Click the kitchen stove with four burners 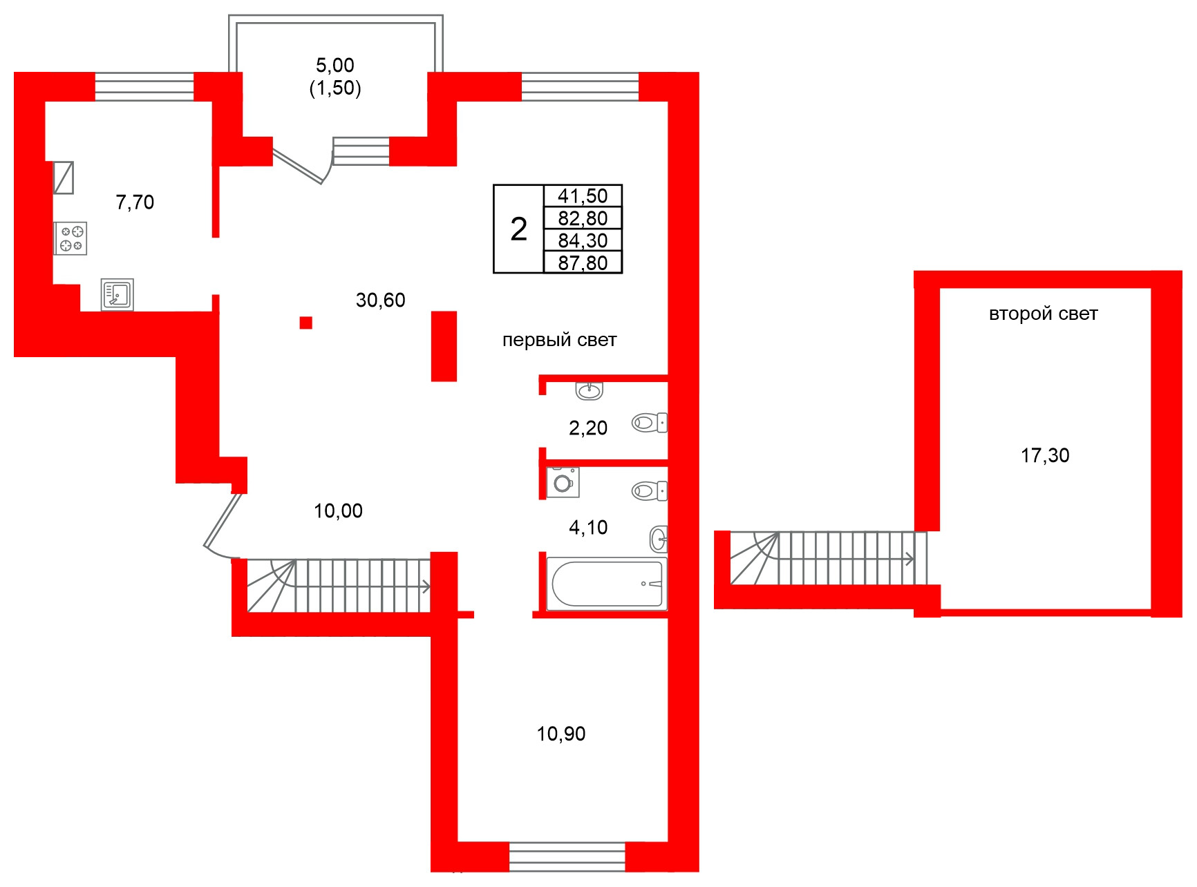(x=70, y=238)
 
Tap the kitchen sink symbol (x=117, y=294)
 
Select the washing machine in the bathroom (x=563, y=482)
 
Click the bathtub (x=606, y=584)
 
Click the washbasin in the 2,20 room (x=589, y=391)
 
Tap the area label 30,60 (x=380, y=300)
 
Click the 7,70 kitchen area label (x=135, y=202)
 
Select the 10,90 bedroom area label (x=560, y=734)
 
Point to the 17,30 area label (x=1044, y=455)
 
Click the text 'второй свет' (x=1043, y=314)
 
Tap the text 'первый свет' (x=559, y=340)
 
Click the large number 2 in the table (x=518, y=229)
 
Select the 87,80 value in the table (x=583, y=263)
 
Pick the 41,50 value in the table (x=583, y=196)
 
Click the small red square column (x=306, y=323)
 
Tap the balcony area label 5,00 (x=335, y=66)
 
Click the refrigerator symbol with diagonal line (x=64, y=178)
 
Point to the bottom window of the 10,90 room (x=567, y=857)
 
